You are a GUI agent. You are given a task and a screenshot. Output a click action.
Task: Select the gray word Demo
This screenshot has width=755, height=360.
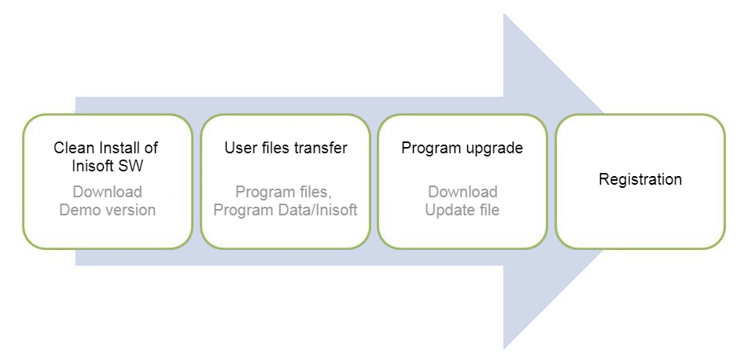click(76, 210)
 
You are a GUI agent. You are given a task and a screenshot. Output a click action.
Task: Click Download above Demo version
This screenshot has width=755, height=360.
click(108, 192)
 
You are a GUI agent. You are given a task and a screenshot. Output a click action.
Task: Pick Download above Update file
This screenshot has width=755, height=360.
click(462, 192)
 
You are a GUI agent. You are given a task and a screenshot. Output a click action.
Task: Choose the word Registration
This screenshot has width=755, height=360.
click(640, 179)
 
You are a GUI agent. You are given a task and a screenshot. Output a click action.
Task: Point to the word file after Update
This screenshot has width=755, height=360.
click(484, 210)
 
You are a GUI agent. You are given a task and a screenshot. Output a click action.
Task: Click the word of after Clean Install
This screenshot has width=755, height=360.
click(151, 148)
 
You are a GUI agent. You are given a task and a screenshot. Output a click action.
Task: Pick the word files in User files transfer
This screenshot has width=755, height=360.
click(274, 148)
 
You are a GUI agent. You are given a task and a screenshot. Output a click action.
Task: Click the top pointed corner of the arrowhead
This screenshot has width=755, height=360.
click(503, 13)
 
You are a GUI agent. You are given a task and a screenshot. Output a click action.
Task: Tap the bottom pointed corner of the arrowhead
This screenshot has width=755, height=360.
click(503, 348)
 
